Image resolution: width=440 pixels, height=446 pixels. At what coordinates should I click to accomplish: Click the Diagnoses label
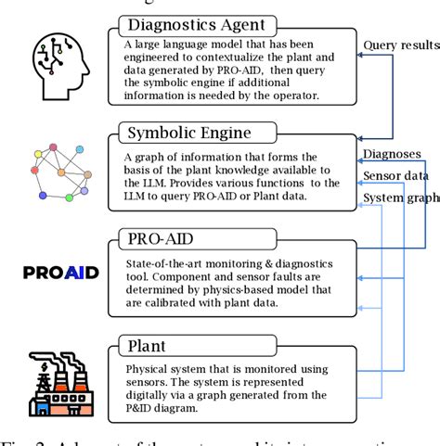click(x=392, y=154)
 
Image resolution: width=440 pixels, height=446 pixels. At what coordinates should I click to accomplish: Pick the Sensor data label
click(x=395, y=175)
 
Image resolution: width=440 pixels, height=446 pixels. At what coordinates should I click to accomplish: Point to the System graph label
click(x=399, y=198)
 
